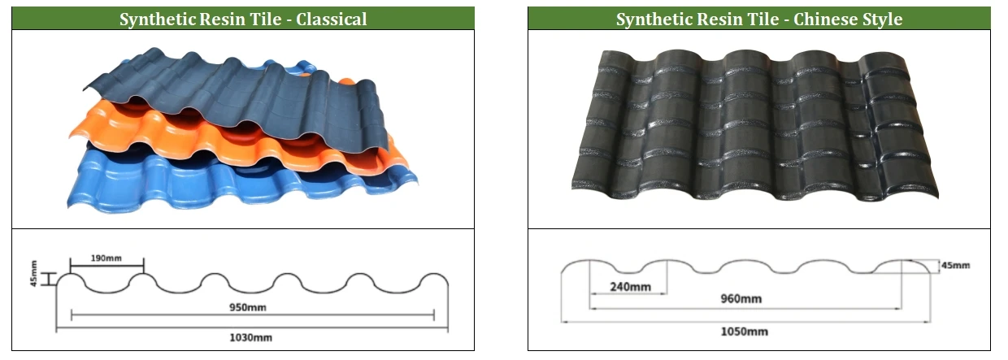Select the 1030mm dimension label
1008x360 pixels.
tap(248, 336)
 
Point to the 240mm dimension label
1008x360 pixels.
tap(630, 286)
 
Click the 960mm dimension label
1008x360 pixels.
tap(741, 298)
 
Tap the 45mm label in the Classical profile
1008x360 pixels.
tap(34, 272)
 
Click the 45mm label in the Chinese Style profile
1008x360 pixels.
tap(954, 265)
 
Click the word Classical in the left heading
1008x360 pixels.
tap(331, 19)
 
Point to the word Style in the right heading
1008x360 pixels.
tap(881, 19)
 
